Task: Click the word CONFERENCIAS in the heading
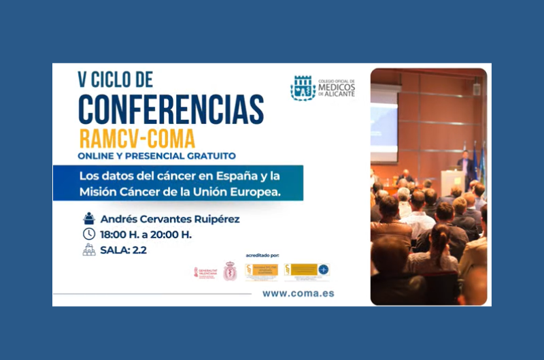click(171, 108)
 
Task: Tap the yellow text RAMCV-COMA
click(137, 138)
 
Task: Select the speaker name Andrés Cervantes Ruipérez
click(170, 219)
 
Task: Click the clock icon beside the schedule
click(89, 234)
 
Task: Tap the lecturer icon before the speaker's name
click(89, 218)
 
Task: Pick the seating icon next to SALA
click(89, 249)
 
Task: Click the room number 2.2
click(140, 250)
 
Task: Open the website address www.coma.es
click(298, 293)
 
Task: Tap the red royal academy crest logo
click(230, 272)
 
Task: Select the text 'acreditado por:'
click(260, 256)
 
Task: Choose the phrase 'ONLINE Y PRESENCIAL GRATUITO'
click(157, 156)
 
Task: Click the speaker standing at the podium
click(466, 163)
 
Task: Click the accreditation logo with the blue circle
click(307, 271)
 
